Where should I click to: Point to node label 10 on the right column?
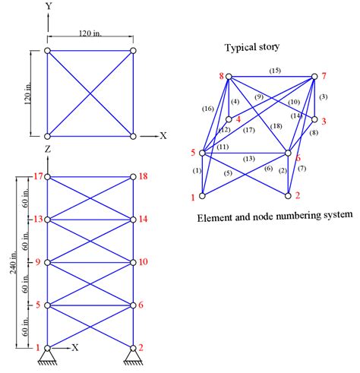click(145, 262)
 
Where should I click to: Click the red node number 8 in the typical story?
click(222, 76)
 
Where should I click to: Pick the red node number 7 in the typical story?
click(324, 77)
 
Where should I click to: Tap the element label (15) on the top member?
click(275, 71)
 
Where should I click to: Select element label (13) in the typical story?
click(248, 159)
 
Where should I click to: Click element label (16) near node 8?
click(207, 109)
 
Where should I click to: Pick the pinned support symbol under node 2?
click(134, 358)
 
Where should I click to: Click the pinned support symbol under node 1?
click(47, 358)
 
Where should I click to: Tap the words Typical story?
click(251, 47)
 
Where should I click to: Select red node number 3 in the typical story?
click(324, 120)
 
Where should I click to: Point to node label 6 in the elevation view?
click(142, 305)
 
